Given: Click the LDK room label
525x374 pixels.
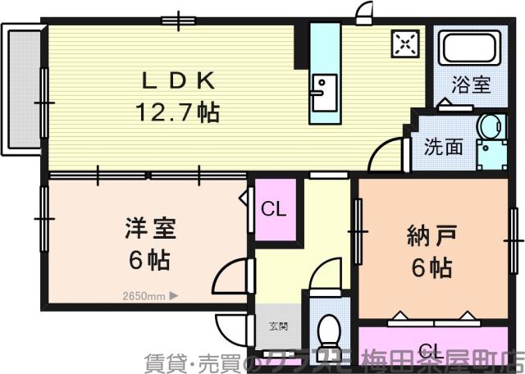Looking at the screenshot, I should (179, 80).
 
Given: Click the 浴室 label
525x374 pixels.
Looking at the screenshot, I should (472, 84).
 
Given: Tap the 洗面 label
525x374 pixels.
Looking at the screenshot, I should (443, 147).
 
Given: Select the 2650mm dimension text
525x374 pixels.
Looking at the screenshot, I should (143, 297).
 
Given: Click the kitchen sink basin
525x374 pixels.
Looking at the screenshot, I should (323, 92).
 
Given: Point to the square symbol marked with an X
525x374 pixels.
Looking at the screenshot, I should (404, 47).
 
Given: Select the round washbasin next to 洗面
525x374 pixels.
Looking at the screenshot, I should (491, 128).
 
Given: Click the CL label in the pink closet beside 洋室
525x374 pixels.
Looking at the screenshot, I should (274, 209).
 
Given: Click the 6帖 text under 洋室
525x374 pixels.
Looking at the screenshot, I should (148, 260).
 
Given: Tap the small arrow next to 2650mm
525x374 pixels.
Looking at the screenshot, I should (173, 297).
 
